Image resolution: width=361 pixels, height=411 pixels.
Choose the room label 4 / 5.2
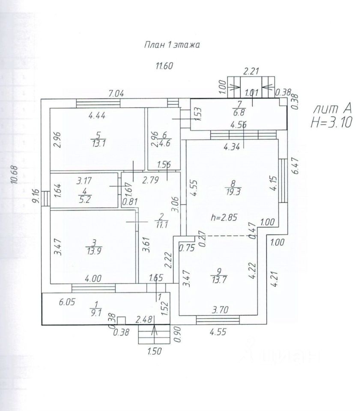coord(86,196)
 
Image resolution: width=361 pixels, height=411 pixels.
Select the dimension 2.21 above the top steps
coord(251,71)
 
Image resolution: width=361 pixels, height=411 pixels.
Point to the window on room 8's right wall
coord(282,181)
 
